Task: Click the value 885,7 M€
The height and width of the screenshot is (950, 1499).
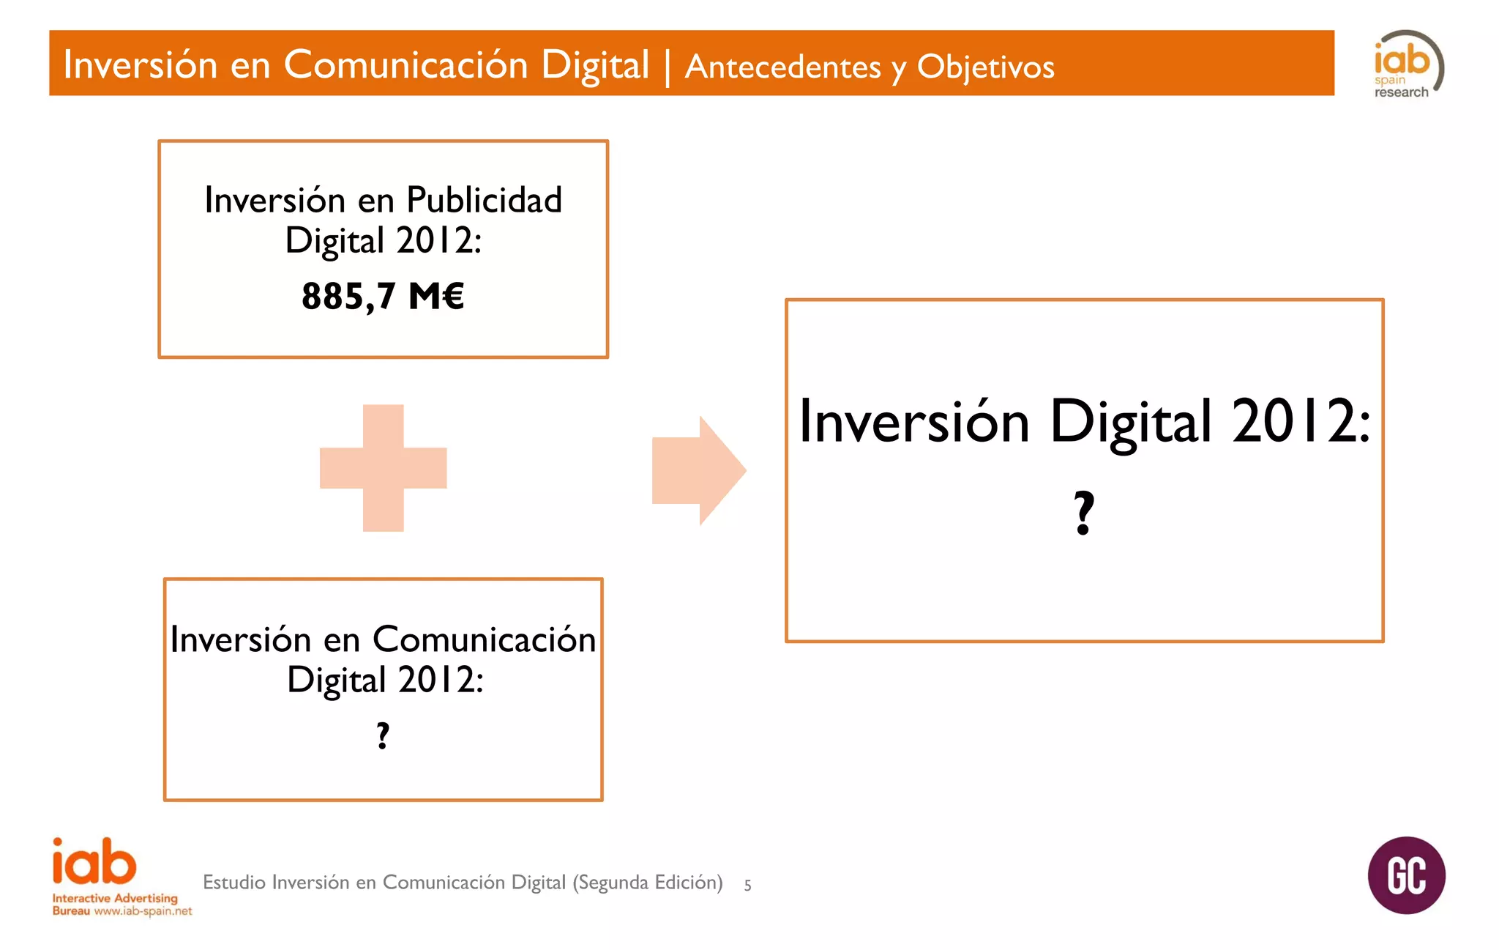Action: [383, 297]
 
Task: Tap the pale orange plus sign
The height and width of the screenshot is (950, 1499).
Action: [384, 468]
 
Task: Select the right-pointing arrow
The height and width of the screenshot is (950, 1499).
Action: [698, 470]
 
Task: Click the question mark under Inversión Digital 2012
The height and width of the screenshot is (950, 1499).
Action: [1084, 513]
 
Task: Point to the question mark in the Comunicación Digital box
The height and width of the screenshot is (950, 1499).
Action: [383, 735]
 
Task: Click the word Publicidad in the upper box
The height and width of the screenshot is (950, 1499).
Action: [484, 200]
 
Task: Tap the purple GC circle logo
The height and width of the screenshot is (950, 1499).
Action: [1406, 875]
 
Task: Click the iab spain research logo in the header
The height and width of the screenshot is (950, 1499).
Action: [1407, 64]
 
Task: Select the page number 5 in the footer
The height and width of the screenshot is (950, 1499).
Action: [747, 885]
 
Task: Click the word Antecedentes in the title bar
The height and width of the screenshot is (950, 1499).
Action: [782, 67]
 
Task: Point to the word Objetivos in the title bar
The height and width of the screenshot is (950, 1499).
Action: [985, 67]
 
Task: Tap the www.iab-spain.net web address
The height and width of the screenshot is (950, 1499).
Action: [143, 911]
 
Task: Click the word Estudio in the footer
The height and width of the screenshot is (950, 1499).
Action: [234, 882]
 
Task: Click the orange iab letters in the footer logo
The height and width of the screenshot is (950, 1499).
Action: [94, 862]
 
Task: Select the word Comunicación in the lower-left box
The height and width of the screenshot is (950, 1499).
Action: [484, 639]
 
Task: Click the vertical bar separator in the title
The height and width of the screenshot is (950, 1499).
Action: [667, 66]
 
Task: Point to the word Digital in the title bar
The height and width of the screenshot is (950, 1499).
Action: [594, 64]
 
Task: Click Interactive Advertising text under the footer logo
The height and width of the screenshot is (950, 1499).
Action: [115, 898]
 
